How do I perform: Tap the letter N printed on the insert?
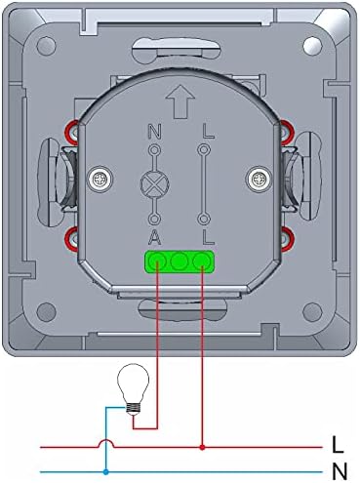pyautogui.click(x=153, y=131)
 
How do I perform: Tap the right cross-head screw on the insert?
pyautogui.click(x=258, y=178)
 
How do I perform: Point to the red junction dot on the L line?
pyautogui.click(x=202, y=448)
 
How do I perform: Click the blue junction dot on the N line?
pyautogui.click(x=105, y=471)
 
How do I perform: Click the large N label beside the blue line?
pyautogui.click(x=339, y=472)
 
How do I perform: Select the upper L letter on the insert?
pyautogui.click(x=204, y=131)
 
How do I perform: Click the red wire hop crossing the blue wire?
pyautogui.click(x=105, y=444)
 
